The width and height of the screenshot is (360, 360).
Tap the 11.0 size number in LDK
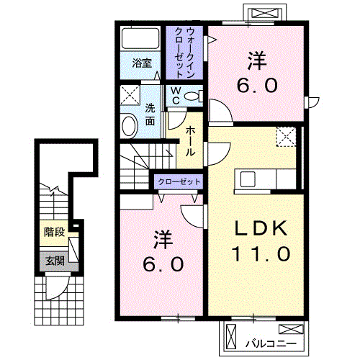point(261,253)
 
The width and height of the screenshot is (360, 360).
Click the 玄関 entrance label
point(54,261)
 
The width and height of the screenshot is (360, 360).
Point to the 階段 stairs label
point(54,233)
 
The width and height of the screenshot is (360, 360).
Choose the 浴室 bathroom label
point(142,63)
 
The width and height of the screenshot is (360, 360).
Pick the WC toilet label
point(175,95)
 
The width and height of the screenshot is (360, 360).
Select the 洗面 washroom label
point(150,115)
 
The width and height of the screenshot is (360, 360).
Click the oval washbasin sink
point(129,125)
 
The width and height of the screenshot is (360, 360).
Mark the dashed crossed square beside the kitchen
point(286,137)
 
